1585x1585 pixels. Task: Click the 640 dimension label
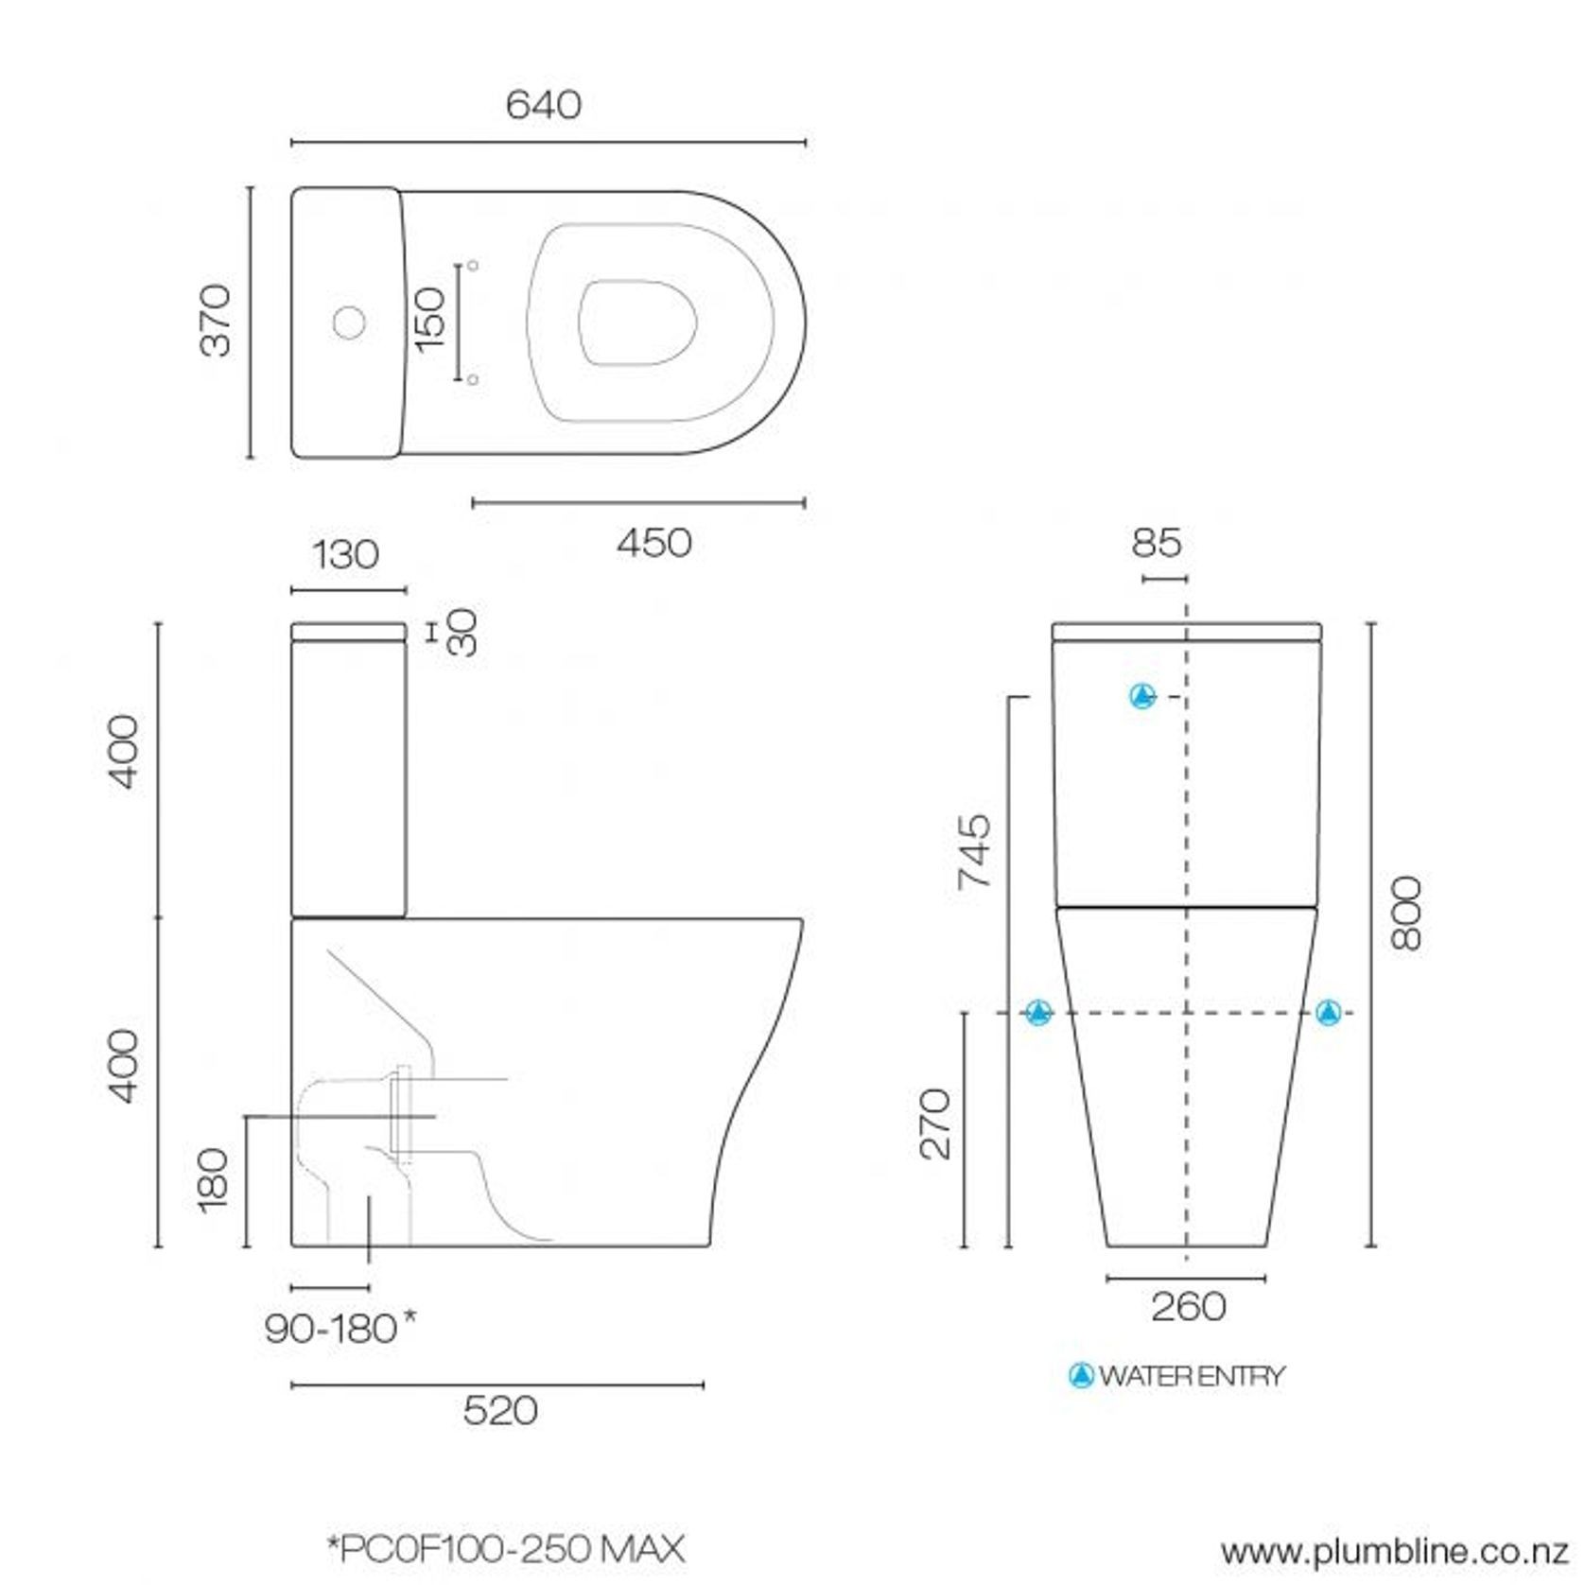coord(543,105)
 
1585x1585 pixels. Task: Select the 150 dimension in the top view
coord(430,319)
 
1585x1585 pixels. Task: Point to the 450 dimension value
coord(653,543)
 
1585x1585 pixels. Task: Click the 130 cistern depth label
coord(345,555)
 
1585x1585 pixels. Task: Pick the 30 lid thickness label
coord(463,632)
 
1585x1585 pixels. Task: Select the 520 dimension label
coord(500,1411)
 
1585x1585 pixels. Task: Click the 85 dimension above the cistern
coord(1156,543)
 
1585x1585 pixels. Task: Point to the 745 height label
coord(974,851)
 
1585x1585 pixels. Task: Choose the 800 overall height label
coord(1406,913)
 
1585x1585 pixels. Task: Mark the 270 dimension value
coord(935,1123)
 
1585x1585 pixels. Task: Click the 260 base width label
coord(1188,1307)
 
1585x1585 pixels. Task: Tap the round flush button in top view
coord(349,322)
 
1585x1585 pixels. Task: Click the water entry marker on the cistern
coord(1143,696)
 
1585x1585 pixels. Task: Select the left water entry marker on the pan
coord(1038,1013)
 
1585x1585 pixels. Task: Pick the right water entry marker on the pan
coord(1329,1013)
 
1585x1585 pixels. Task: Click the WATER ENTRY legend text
coord(1191,1376)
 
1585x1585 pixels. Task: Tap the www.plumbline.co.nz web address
coord(1394,1552)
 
